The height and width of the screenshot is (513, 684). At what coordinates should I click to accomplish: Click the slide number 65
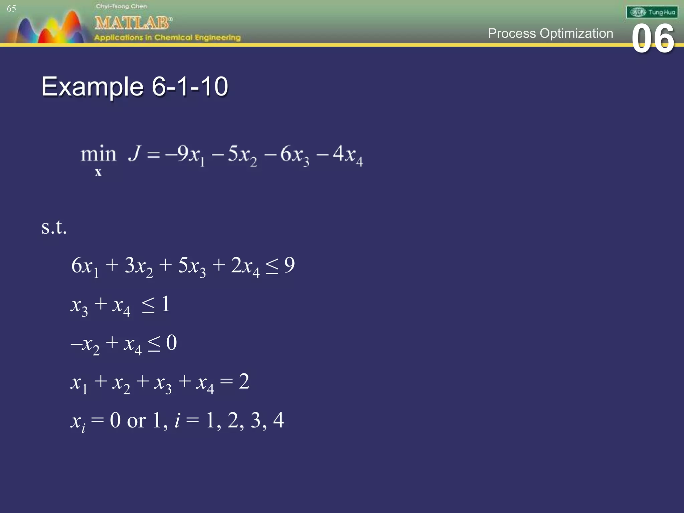[x=11, y=9]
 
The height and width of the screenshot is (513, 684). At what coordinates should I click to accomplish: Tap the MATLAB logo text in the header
[x=133, y=23]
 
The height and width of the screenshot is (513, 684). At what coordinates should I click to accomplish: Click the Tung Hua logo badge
[x=652, y=12]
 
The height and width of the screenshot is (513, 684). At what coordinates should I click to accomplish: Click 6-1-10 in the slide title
[x=190, y=87]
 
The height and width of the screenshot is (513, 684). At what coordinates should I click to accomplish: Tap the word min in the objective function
[x=98, y=154]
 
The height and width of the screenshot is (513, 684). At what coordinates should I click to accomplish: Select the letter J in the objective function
[x=135, y=153]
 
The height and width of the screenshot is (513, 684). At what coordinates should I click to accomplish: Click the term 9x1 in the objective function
[x=190, y=155]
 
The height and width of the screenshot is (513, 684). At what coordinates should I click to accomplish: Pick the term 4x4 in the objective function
[x=348, y=155]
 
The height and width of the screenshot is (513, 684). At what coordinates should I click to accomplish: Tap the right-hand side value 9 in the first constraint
[x=290, y=265]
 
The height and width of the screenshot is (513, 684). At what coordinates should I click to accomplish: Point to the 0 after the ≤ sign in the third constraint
[x=171, y=343]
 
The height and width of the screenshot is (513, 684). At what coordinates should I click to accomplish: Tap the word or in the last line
[x=136, y=421]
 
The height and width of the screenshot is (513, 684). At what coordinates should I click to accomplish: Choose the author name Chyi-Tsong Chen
[x=121, y=6]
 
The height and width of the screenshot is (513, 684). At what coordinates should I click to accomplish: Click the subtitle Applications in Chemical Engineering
[x=167, y=37]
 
